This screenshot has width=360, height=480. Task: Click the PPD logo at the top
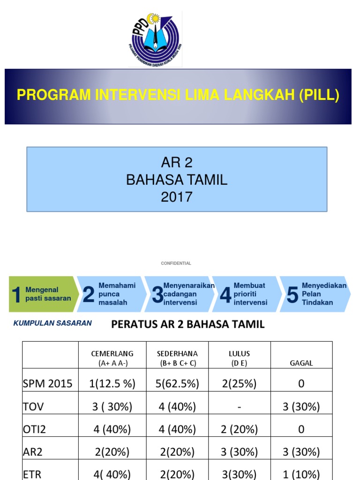coord(155,39)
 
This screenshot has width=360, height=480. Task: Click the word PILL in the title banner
coord(320,95)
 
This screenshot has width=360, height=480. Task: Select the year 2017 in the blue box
coord(177,197)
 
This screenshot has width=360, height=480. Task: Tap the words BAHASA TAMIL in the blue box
coord(177,180)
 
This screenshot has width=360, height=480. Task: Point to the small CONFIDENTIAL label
coord(176,263)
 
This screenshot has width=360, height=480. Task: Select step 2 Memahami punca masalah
coord(110,294)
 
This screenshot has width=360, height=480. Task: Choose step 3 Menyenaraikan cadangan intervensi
coord(178,294)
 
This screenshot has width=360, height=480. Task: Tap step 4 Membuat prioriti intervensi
coord(246,294)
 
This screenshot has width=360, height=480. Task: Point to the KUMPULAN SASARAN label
coord(52,323)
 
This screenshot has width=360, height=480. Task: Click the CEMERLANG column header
coord(112,358)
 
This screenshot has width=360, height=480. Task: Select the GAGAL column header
coord(301,363)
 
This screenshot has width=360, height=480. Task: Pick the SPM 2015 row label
coord(47,384)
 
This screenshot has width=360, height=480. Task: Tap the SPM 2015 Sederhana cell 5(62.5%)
coord(177,384)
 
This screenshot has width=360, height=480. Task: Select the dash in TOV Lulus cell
coord(240,407)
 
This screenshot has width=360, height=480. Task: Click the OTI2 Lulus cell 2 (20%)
coord(240,429)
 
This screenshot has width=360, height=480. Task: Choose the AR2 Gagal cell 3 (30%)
coord(301,452)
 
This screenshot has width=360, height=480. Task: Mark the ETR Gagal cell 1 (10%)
coord(301,473)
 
